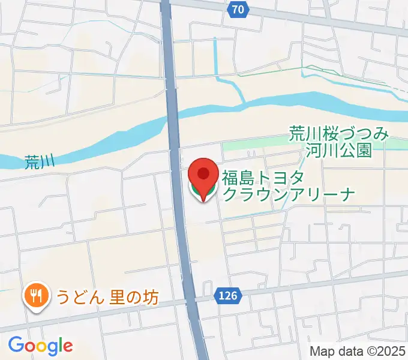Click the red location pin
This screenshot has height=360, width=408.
203,178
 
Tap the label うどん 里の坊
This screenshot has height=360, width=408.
107,296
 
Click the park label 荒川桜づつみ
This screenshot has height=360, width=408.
339,133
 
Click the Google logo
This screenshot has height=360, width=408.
40,346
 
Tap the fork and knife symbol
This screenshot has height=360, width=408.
36,293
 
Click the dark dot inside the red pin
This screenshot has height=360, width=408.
203,174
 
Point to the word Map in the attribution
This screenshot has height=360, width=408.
321,352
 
